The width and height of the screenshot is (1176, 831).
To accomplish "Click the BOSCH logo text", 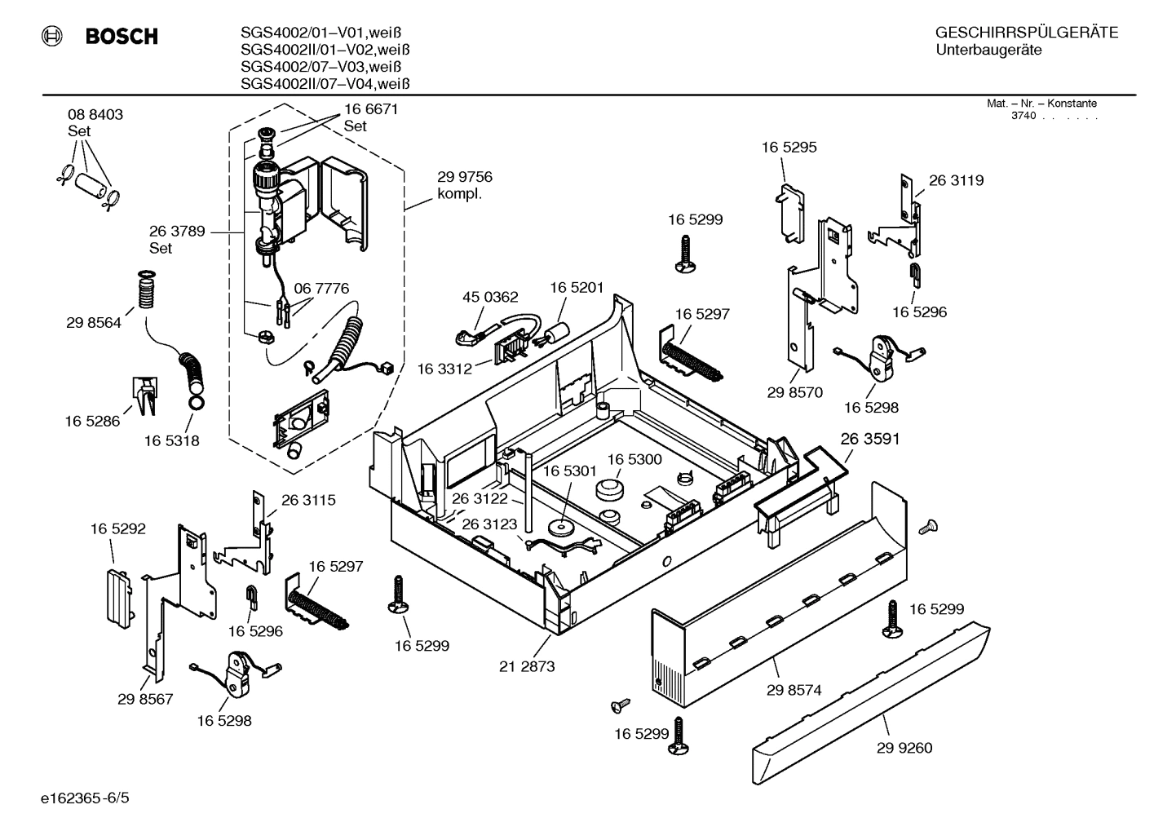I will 121,37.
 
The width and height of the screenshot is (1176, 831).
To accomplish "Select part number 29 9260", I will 904,748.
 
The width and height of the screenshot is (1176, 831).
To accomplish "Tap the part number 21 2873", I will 527,666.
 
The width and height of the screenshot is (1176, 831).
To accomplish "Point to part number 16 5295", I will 789,148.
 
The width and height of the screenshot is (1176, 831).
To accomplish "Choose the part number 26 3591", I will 870,439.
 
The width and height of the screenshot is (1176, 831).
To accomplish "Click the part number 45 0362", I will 490,297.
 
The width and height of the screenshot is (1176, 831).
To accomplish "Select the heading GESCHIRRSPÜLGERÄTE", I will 1026,33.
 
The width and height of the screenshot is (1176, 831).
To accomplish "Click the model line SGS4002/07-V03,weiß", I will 321,67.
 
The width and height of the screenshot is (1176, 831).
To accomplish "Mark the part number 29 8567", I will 145,699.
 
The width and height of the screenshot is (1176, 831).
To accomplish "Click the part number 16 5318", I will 172,440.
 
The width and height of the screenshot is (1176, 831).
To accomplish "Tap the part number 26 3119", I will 956,180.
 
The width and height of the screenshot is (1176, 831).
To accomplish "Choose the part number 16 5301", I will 569,471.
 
